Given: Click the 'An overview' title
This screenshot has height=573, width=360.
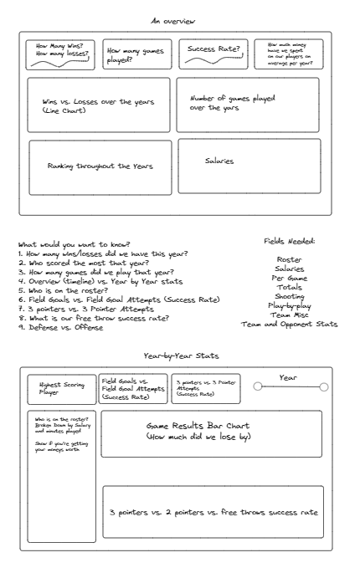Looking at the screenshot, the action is pos(173,21).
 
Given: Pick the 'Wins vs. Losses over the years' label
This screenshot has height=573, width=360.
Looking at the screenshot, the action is pos(98,101).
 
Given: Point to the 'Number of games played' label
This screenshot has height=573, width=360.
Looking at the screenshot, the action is pos(232,98).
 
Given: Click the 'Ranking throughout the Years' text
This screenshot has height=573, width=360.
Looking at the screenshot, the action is pos(100,166).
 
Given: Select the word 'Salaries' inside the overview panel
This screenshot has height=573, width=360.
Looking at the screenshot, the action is pos(219,161).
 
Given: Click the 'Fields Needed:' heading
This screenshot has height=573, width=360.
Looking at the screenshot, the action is pos(290,241).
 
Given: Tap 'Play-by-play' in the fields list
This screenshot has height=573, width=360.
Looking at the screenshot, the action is pos(290,305).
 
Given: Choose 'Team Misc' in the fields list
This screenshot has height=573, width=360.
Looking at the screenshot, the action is pos(290,315).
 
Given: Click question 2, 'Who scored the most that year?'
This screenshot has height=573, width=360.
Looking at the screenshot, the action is pos(84,263).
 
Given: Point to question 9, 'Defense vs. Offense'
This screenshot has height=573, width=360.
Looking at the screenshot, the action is pos(61,327).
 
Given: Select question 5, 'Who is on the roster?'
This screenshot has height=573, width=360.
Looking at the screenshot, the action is pos(64,290).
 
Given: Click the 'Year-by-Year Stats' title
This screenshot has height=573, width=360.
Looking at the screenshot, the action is pos(181,356).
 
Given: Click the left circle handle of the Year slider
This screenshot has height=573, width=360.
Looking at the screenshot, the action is pos(258,386).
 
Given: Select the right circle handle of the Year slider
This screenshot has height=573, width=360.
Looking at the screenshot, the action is pos(324,387).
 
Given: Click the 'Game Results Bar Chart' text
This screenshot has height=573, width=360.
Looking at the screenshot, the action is pos(198,426).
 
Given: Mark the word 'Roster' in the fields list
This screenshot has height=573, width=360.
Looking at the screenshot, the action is pos(290,259).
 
